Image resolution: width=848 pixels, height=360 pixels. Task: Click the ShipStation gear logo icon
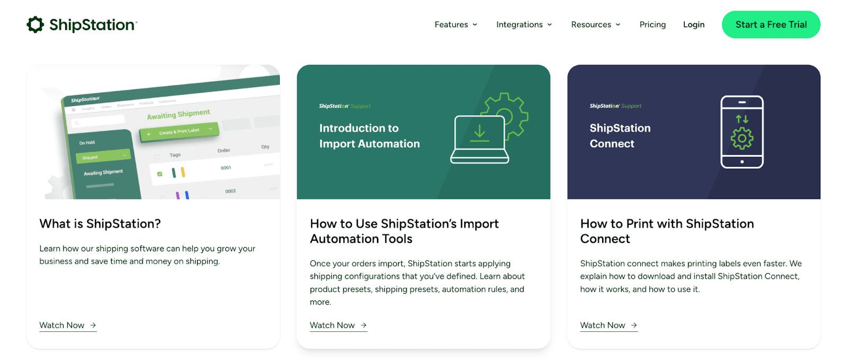[x=36, y=24]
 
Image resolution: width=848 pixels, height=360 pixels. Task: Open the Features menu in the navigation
[x=455, y=24]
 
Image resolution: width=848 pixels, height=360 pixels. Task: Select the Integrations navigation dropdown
[x=524, y=24]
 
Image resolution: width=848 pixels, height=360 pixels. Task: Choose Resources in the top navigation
[x=595, y=24]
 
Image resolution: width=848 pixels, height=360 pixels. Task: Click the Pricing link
[x=652, y=24]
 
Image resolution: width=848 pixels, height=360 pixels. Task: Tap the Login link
[x=693, y=24]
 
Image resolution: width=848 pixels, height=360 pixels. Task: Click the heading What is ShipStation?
[x=100, y=224]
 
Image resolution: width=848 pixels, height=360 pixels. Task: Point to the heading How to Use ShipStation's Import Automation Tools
[x=404, y=231]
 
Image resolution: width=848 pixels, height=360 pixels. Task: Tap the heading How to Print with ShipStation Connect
[x=667, y=231]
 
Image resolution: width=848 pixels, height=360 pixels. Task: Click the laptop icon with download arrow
[x=480, y=140]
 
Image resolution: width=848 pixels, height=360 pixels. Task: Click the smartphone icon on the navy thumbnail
[x=742, y=132]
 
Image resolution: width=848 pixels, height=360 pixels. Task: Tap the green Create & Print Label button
[x=179, y=131]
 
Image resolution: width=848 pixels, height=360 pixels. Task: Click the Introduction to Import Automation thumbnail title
[x=369, y=136]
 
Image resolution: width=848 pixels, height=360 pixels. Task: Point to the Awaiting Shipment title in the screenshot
[x=179, y=115]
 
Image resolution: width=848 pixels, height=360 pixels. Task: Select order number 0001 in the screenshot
[x=226, y=168]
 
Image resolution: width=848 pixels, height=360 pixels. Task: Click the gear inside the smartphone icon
[x=742, y=138]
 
